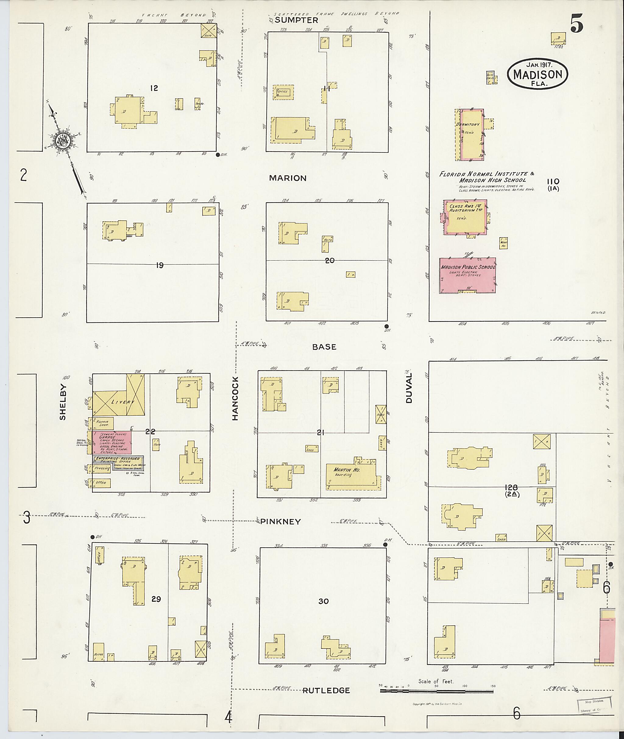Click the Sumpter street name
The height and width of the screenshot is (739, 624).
click(296, 20)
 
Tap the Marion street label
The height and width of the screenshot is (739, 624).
click(288, 178)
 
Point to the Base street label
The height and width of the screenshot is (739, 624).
click(324, 347)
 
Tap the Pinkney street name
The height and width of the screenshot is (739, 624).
click(281, 522)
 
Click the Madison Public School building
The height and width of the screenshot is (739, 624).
click(467, 275)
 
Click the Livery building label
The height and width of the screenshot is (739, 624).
click(122, 402)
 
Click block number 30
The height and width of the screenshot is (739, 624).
click(323, 601)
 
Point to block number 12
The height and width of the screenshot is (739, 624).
click(154, 88)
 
